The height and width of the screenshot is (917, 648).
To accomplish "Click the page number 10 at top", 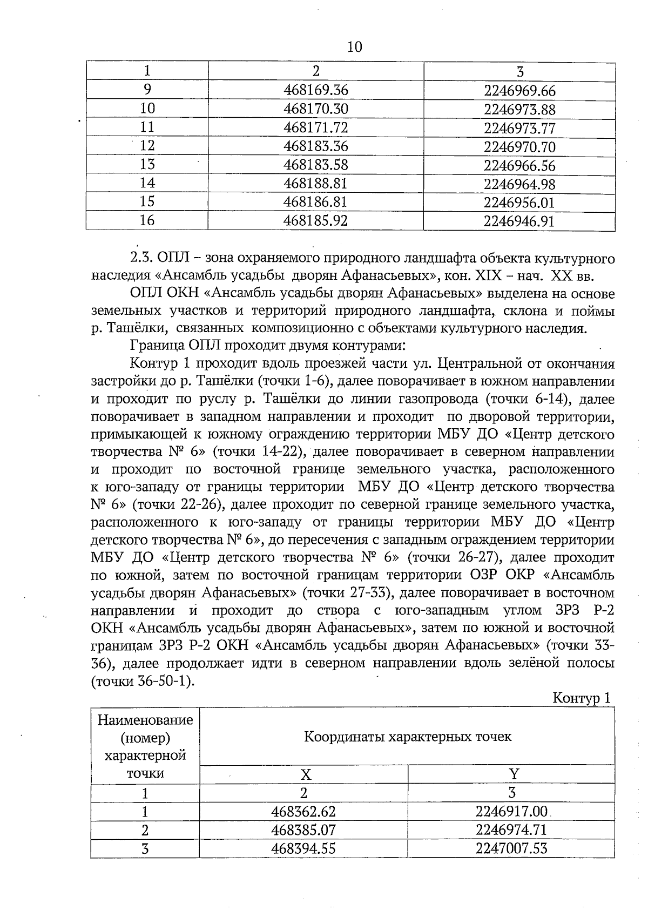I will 354,47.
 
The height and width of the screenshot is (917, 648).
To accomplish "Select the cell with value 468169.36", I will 316,90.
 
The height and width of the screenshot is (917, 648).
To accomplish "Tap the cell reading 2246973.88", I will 519,110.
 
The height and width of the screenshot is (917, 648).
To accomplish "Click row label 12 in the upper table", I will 147,146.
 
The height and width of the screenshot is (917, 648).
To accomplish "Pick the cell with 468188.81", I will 316,183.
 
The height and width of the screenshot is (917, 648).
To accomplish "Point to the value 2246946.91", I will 519,221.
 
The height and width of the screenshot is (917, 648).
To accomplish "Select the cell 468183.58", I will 316,165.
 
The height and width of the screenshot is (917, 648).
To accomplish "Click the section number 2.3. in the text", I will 143,258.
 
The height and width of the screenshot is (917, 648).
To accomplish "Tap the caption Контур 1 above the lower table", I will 582,698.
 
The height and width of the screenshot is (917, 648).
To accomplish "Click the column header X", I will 306,774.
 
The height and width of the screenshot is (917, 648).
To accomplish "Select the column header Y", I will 514,774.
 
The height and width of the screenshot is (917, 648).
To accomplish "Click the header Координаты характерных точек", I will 408,737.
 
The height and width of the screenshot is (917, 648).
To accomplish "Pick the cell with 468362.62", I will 303,812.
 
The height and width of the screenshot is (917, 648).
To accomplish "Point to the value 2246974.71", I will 511,830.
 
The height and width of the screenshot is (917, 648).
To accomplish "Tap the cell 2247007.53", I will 511,848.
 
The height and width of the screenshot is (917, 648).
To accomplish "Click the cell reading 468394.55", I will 303,848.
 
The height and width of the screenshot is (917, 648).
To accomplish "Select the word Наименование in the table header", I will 145,720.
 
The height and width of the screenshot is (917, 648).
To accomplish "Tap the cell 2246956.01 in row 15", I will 519,203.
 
